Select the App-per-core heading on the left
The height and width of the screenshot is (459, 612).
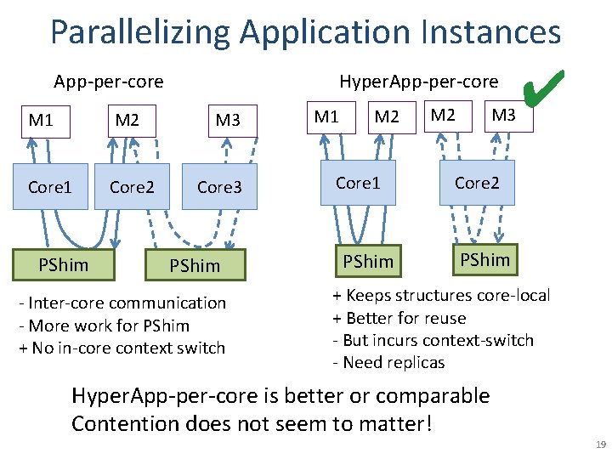[108, 82]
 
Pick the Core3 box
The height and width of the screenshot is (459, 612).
[219, 186]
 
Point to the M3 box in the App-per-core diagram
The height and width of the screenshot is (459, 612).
[228, 121]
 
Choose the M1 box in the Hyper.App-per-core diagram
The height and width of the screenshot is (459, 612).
[326, 116]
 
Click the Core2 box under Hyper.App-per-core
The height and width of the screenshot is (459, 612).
[476, 183]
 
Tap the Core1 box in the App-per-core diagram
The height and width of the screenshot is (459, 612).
[50, 186]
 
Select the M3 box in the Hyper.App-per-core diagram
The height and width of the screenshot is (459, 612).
[503, 115]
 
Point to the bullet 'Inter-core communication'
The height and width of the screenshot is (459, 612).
[127, 303]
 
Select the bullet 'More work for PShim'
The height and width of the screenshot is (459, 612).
[109, 326]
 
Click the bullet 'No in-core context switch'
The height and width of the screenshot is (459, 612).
[127, 348]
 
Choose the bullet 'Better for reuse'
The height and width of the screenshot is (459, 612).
[399, 318]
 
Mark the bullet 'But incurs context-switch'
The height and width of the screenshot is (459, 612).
[433, 340]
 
